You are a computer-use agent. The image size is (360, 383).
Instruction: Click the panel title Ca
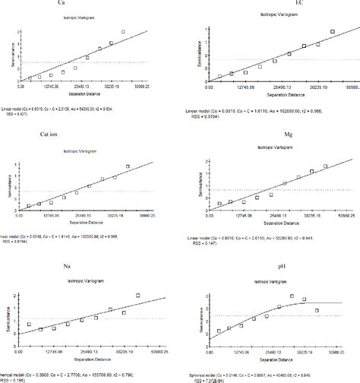click(81, 5)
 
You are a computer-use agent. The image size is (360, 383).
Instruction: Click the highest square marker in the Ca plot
click(122, 32)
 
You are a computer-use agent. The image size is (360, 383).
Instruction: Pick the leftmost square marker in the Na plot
click(30, 324)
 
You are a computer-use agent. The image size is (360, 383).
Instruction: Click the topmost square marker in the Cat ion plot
click(128, 166)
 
